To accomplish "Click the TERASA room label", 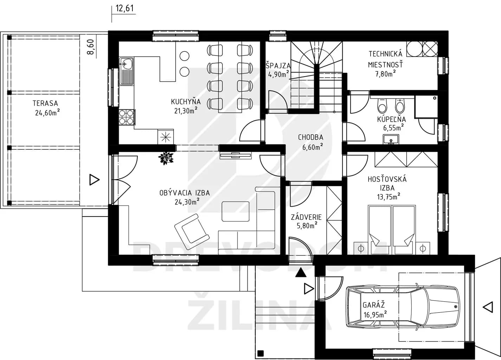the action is click(45, 103).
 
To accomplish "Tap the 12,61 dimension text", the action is click(125, 8).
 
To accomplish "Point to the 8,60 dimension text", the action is click(90, 47).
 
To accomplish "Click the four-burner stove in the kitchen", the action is click(126, 117).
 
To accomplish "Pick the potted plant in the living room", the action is click(166, 158).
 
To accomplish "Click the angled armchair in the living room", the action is click(192, 232).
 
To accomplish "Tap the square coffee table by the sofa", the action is click(235, 211).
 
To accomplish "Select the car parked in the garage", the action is click(403, 307).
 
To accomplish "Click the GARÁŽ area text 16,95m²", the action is click(375, 315).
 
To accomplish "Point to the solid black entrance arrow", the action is click(301, 273).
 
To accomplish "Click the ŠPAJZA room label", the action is click(278, 65).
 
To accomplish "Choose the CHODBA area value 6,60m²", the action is click(312, 147).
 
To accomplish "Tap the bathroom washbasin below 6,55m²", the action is click(391, 139).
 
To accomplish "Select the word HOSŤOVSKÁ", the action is click(387, 179).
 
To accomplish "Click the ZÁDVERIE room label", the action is click(306, 217).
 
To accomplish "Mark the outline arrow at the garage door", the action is click(488, 307).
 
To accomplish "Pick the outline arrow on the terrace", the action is click(95, 180).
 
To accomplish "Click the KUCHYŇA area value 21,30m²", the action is click(186, 110).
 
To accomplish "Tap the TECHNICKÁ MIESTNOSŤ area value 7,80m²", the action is click(385, 73).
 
